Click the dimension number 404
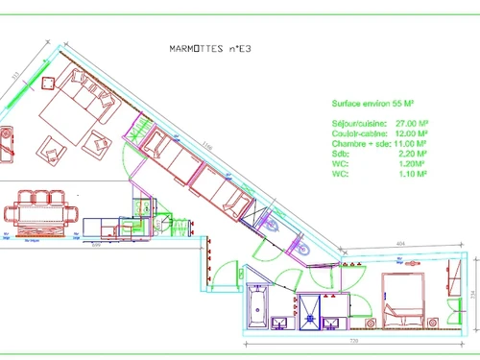[402, 246]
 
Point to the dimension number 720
[353, 342]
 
